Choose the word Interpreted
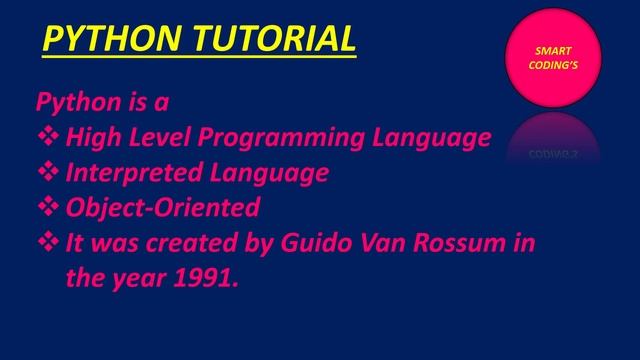point(131,172)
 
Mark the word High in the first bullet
point(91,137)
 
